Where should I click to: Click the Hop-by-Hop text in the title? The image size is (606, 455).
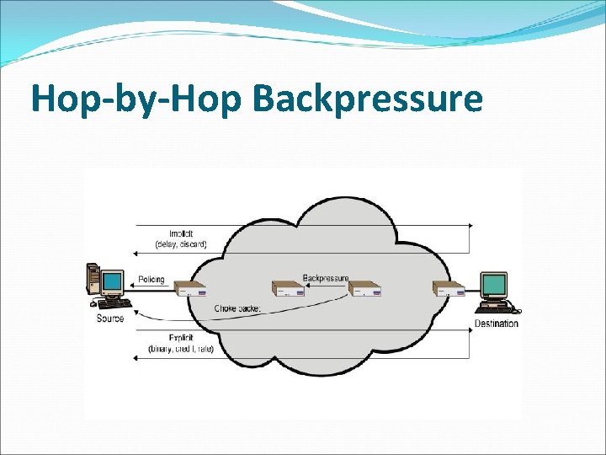pyautogui.click(x=136, y=99)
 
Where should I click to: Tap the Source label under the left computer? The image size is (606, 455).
pyautogui.click(x=110, y=318)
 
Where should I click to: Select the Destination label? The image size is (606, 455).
pyautogui.click(x=496, y=324)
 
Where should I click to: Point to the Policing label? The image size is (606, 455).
pyautogui.click(x=151, y=280)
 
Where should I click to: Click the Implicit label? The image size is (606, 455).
pyautogui.click(x=180, y=233)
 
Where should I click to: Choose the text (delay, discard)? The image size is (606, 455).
pyautogui.click(x=180, y=244)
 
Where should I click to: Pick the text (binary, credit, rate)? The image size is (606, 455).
pyautogui.click(x=181, y=349)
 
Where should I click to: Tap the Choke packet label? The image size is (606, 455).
pyautogui.click(x=238, y=308)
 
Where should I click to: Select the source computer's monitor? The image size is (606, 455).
pyautogui.click(x=111, y=281)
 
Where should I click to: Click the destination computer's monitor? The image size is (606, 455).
pyautogui.click(x=493, y=285)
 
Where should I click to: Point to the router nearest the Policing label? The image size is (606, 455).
pyautogui.click(x=192, y=292)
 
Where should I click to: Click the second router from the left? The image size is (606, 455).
pyautogui.click(x=287, y=291)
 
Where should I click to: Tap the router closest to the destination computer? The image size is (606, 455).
pyautogui.click(x=447, y=291)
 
